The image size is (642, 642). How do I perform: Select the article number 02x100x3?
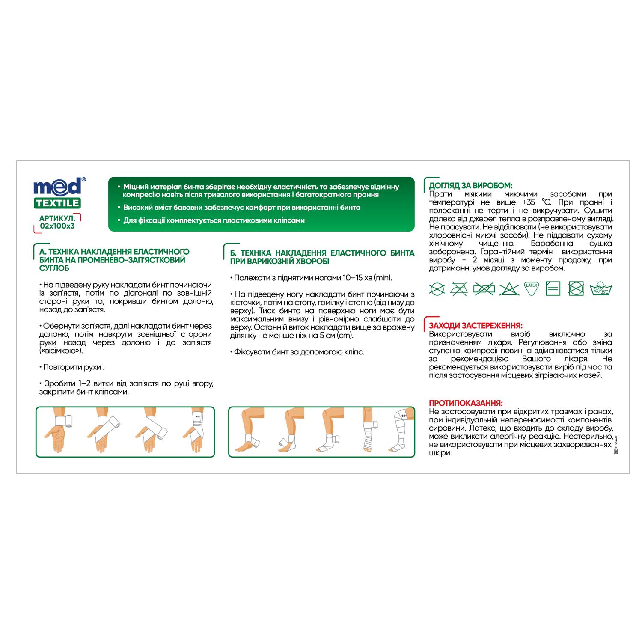[54, 226]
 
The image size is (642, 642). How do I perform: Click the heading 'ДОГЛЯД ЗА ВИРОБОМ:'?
[470, 185]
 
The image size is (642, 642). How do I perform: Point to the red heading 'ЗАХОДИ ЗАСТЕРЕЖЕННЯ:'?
[476, 325]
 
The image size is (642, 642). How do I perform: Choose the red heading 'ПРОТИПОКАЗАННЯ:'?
[466, 403]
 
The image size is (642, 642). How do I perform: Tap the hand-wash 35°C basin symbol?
[601, 289]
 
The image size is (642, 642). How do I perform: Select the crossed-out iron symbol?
[484, 289]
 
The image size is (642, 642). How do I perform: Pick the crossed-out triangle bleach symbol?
[508, 289]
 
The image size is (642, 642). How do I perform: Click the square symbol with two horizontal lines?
[553, 289]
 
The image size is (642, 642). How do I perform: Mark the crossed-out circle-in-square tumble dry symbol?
[576, 289]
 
